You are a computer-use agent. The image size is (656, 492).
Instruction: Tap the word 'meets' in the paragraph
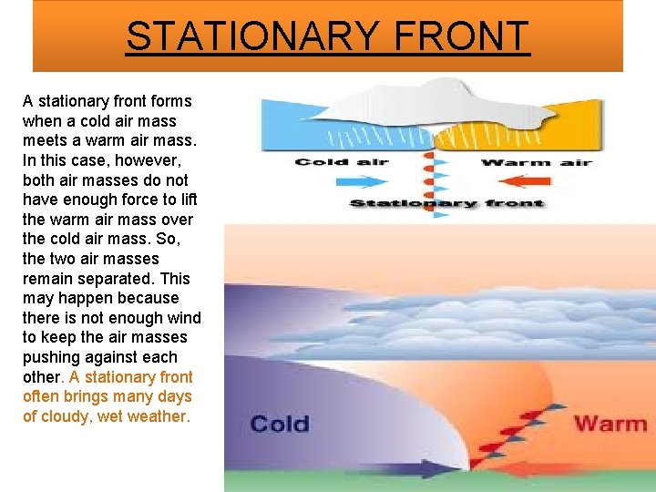(x=46, y=140)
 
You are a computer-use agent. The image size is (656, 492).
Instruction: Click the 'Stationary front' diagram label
(x=446, y=203)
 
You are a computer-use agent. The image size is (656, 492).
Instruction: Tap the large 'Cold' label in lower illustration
(x=279, y=424)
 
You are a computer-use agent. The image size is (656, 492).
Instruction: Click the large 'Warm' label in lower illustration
(x=610, y=424)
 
